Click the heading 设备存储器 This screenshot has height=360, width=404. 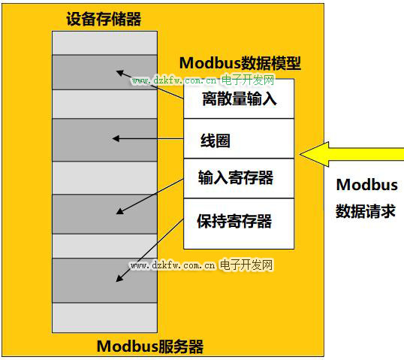(104, 19)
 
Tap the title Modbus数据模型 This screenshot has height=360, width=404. (240, 63)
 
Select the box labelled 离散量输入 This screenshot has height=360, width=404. (239, 98)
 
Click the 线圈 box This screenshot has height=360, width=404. (239, 138)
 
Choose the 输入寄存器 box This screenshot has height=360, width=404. (239, 178)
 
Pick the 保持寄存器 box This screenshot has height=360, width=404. (239, 223)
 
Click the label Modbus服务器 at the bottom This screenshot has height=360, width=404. (150, 346)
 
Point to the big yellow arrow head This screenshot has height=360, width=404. (315, 154)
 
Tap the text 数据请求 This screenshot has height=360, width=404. (366, 211)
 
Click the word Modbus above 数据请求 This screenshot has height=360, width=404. (367, 185)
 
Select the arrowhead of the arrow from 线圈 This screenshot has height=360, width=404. (116, 138)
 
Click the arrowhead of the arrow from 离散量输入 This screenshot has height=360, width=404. (120, 73)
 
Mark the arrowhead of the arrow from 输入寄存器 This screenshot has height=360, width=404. (120, 211)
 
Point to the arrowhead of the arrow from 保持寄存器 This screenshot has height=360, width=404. (119, 278)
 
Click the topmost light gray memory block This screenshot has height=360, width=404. (104, 43)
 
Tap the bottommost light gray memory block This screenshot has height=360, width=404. (104, 317)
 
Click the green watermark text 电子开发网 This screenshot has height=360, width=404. (248, 80)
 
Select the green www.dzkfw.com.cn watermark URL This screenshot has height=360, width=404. (174, 80)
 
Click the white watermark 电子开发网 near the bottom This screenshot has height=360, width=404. (246, 265)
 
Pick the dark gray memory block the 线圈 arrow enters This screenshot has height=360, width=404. (104, 140)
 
